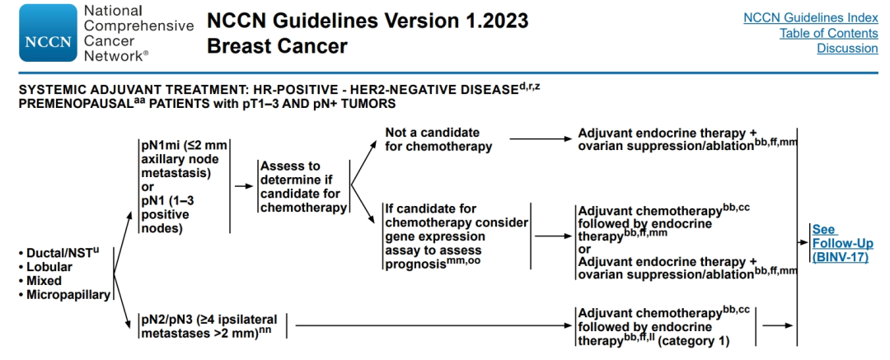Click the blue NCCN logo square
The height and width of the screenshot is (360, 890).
(48, 32)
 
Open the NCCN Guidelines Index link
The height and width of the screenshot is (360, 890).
(811, 18)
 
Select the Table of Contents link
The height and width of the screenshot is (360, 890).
(829, 34)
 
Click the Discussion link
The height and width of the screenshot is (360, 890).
(847, 49)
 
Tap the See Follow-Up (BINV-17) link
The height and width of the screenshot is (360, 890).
(842, 243)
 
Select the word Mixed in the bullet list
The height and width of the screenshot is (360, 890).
(44, 281)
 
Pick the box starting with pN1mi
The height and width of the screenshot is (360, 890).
(184, 186)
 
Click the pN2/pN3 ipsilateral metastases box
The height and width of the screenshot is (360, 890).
(211, 325)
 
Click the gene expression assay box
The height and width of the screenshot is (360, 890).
(456, 236)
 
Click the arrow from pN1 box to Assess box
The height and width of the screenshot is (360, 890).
(244, 185)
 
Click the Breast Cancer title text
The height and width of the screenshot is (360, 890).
(277, 46)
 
